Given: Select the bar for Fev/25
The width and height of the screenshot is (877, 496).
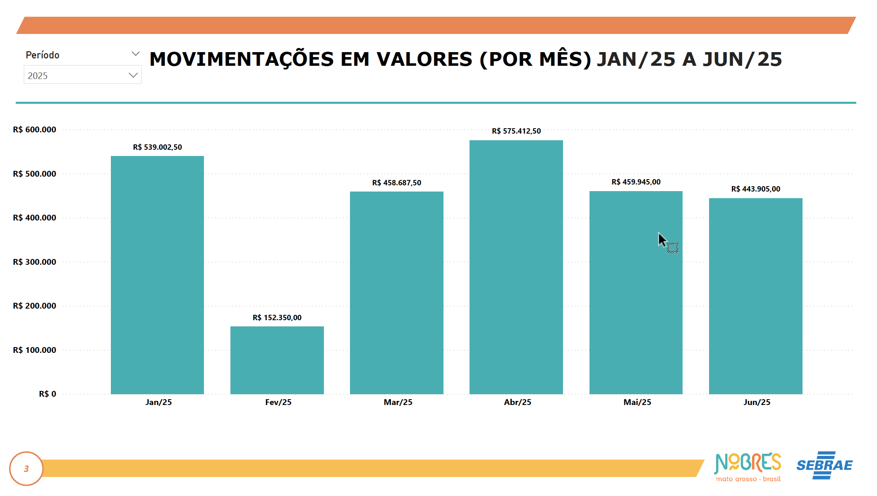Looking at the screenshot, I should click(x=277, y=360).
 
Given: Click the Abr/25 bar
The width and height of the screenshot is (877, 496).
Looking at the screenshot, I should click(x=516, y=267).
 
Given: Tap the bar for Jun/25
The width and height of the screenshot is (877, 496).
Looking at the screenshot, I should click(x=755, y=296).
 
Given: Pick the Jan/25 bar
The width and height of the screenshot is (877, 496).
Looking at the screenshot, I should click(x=157, y=275).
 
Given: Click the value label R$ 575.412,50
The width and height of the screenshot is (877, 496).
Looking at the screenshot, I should click(x=516, y=131).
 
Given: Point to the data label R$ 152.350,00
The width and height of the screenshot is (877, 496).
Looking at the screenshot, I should click(x=277, y=318).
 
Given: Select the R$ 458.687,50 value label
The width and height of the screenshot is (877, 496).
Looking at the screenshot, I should click(x=396, y=183).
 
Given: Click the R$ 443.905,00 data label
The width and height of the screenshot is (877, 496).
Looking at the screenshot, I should click(x=755, y=189).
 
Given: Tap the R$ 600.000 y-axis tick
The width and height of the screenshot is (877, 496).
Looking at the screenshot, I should click(x=35, y=130).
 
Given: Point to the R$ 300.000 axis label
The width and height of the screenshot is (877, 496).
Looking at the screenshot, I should click(x=35, y=262).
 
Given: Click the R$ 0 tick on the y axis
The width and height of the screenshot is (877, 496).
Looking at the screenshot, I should click(x=47, y=394).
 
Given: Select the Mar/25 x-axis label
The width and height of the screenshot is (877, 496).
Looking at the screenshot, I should click(x=398, y=402).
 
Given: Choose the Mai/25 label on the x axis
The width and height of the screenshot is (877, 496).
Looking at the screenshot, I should click(x=637, y=402).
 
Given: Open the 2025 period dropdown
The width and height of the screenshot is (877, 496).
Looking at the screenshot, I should click(x=83, y=75).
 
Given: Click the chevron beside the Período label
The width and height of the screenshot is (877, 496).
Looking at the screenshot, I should click(x=135, y=54).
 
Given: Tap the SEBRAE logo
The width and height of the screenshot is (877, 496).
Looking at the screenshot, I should click(x=824, y=466).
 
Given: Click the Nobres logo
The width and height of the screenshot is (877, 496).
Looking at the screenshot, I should click(x=748, y=467).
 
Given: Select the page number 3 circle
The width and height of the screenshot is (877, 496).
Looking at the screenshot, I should click(x=26, y=469).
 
